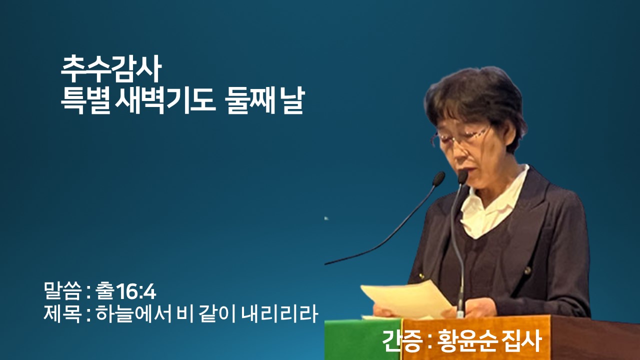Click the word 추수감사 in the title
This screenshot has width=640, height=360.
pyautogui.click(x=111, y=69)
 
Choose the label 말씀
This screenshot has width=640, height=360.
pyautogui.click(x=61, y=291)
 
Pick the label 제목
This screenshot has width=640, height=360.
pyautogui.click(x=61, y=313)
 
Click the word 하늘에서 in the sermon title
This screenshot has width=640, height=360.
pyautogui.click(x=133, y=313)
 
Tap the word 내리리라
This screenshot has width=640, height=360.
pyautogui.click(x=279, y=313)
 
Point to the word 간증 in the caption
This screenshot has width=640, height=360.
pyautogui.click(x=402, y=341)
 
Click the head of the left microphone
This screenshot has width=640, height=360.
pyautogui.click(x=438, y=178)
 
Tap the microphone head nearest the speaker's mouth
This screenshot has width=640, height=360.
pyautogui.click(x=462, y=177)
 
